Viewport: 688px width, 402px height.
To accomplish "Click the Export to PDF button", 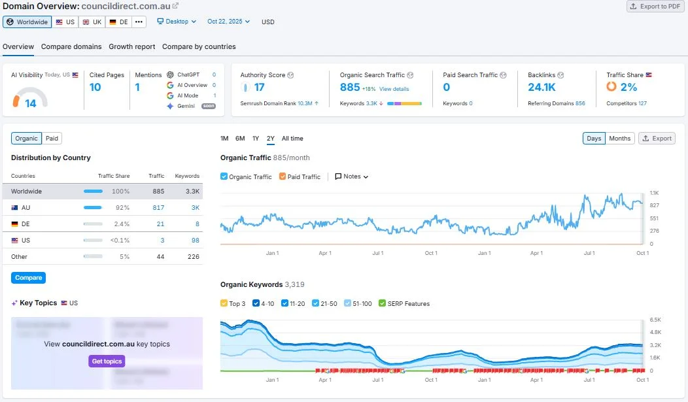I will (655, 7).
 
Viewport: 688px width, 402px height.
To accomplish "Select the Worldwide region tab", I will (27, 22).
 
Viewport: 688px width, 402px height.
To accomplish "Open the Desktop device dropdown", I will (177, 22).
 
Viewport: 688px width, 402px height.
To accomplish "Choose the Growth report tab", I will (132, 46).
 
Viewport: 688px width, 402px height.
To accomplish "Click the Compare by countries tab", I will (199, 46).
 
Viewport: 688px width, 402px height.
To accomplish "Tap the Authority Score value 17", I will (259, 87).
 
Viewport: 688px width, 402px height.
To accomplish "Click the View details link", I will (394, 89).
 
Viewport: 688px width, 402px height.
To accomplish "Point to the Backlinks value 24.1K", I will (542, 87).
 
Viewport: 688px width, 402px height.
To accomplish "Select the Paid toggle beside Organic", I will (52, 138).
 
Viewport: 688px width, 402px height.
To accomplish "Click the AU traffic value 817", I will (158, 207).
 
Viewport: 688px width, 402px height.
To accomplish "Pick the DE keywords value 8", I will (197, 224).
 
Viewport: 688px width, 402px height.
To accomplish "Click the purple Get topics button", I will (106, 361).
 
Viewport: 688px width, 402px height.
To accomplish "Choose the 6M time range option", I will (240, 139).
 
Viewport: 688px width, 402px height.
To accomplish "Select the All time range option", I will (292, 139).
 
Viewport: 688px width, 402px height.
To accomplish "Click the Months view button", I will (619, 139).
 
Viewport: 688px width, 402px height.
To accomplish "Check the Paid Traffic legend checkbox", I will (283, 176).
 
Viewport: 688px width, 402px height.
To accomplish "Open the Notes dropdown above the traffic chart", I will (352, 176).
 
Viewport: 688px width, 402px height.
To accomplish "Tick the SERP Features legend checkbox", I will (383, 304).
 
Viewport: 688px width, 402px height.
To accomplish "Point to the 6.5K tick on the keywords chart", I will (655, 320).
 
